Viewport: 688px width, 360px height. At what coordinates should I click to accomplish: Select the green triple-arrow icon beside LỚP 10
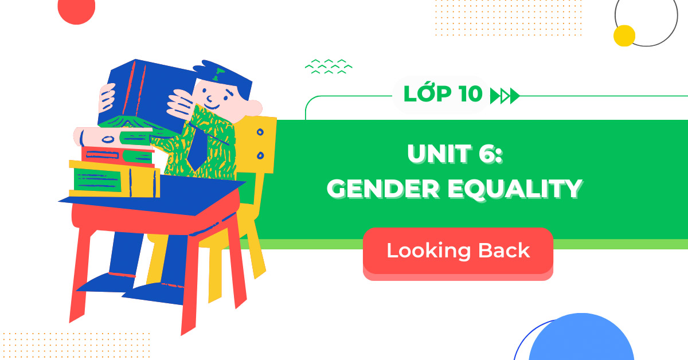tap(505, 96)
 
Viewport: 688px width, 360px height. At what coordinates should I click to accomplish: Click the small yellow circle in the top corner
tap(624, 36)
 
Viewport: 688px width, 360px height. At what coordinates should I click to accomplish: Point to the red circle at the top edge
tap(76, 10)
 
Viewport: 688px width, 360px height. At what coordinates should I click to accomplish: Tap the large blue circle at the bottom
tap(580, 341)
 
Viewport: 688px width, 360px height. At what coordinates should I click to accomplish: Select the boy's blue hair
tap(226, 77)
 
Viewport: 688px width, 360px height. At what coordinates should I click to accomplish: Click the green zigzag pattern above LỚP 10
tap(329, 66)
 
